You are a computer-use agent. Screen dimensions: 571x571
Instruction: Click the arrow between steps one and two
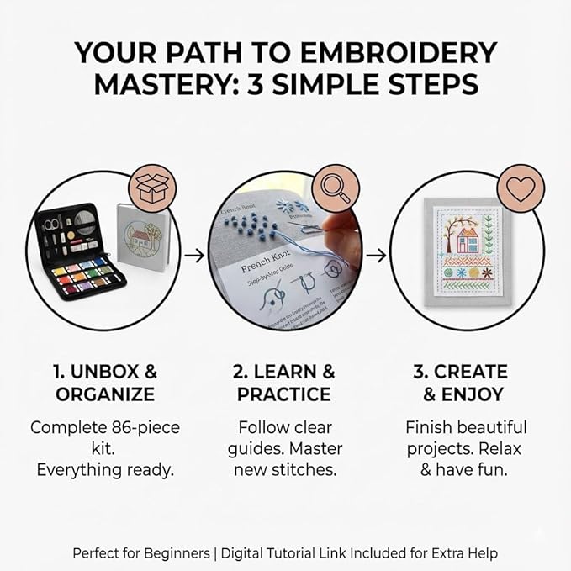click(x=194, y=253)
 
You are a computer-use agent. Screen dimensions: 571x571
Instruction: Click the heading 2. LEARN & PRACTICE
click(x=285, y=382)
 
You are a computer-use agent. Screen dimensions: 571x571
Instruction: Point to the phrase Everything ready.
click(x=105, y=469)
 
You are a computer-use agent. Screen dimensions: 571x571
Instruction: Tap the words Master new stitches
click(x=286, y=458)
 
